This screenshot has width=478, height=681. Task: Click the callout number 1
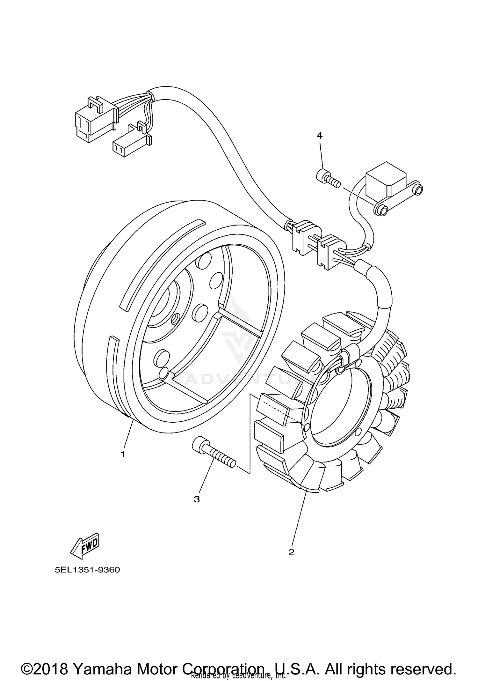pyautogui.click(x=123, y=454)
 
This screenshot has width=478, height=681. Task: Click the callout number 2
pyautogui.click(x=291, y=552)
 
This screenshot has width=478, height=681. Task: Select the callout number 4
pyautogui.click(x=319, y=136)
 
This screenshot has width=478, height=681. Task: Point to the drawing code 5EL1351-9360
pyautogui.click(x=87, y=570)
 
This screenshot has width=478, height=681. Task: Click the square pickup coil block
pyautogui.click(x=386, y=180)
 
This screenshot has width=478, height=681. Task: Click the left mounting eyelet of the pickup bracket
pyautogui.click(x=381, y=210)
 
